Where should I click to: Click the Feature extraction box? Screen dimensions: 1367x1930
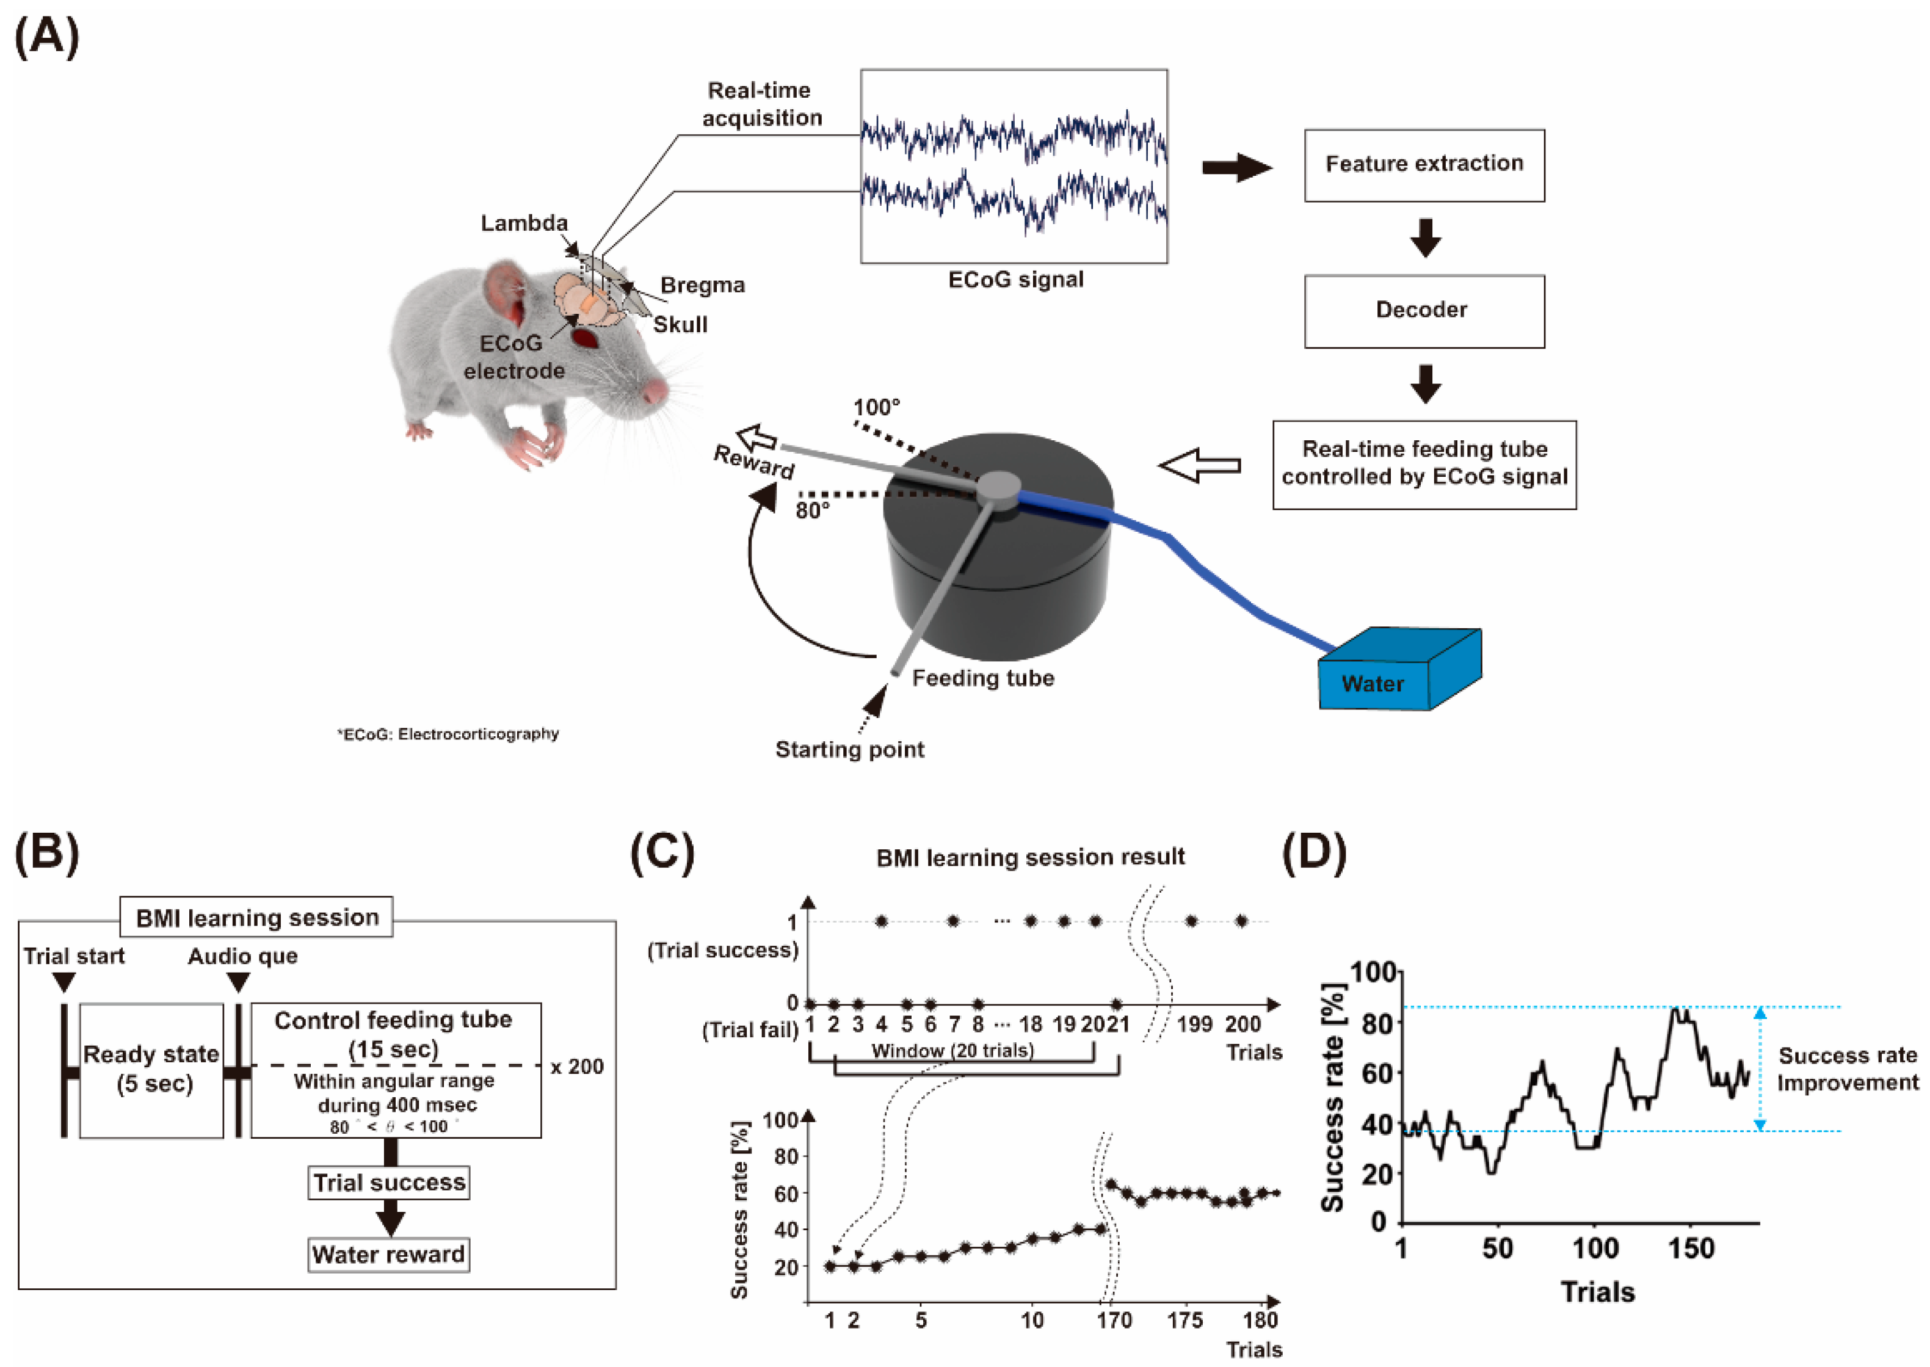(x=1423, y=165)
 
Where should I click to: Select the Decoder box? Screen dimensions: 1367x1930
(x=1423, y=311)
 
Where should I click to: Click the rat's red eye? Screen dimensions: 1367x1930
(x=584, y=338)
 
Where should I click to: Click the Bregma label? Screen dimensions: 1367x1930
(x=702, y=285)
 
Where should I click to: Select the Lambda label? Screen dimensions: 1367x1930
(x=523, y=223)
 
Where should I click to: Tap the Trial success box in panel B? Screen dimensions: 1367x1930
(x=388, y=1182)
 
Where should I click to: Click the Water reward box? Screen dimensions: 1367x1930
(x=388, y=1254)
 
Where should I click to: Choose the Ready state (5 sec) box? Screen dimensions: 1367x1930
(x=151, y=1069)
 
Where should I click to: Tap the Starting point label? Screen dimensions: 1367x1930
(x=849, y=749)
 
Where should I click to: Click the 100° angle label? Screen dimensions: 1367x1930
(x=876, y=407)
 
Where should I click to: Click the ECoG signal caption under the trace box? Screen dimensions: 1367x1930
(x=1015, y=280)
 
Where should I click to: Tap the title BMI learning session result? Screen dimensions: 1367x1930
(x=1029, y=857)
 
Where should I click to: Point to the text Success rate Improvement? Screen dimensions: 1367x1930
(x=1847, y=1068)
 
